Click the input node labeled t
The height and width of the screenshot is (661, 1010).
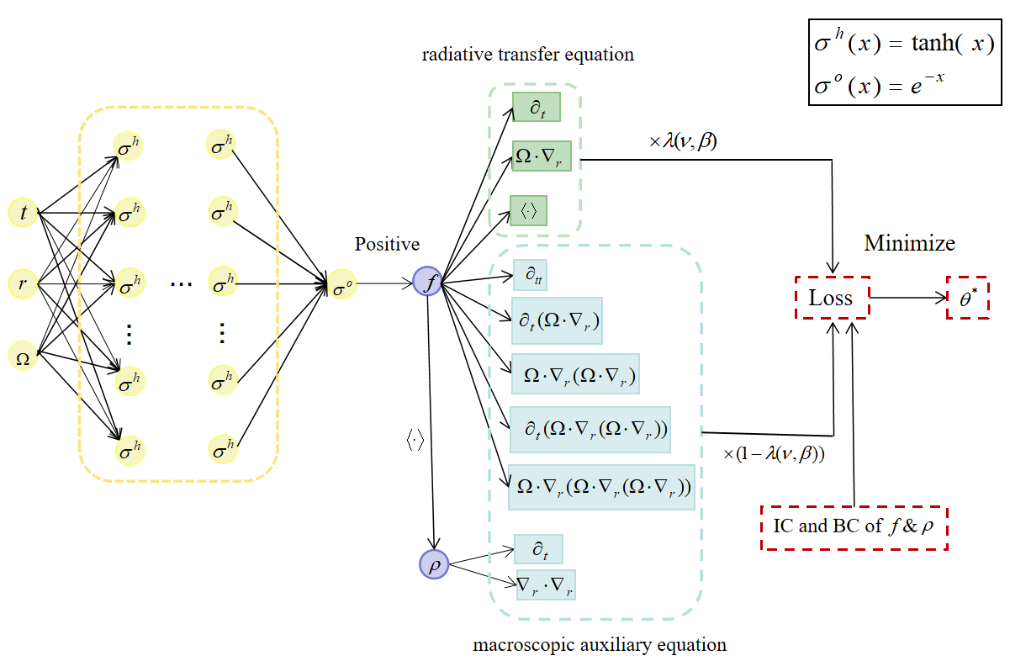(x=23, y=214)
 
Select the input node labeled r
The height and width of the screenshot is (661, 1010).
(x=23, y=284)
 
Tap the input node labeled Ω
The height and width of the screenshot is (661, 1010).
(x=23, y=357)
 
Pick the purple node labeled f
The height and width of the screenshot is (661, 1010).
(x=429, y=282)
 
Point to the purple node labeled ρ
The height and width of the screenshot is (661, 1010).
(x=434, y=563)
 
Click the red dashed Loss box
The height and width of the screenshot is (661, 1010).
(x=831, y=297)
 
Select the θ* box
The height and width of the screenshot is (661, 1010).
(x=967, y=297)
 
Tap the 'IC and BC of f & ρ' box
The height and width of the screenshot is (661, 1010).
(x=854, y=528)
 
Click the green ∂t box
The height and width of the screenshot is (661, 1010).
(x=536, y=108)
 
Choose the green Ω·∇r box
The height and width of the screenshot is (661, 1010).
(x=542, y=156)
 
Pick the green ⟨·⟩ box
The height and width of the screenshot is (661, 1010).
(x=529, y=210)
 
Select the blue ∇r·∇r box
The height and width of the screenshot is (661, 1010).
(x=546, y=584)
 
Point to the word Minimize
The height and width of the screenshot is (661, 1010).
(x=909, y=244)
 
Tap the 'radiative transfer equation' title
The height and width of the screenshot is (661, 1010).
(x=527, y=56)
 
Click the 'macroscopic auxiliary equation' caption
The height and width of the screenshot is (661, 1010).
(x=600, y=645)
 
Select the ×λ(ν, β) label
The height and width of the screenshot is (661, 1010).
(x=682, y=142)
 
